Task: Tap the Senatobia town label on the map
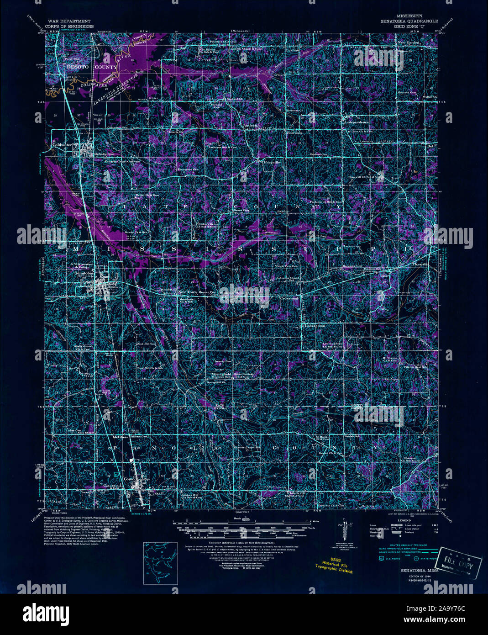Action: tap(83, 273)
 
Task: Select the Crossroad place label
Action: tap(289, 298)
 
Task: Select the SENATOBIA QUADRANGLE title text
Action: tap(409, 21)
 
